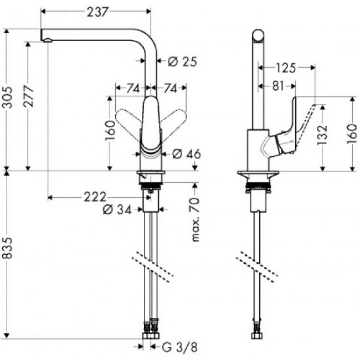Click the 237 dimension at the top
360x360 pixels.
97,12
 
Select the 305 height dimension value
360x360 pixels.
7,97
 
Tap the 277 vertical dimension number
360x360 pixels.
28,96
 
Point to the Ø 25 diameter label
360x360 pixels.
182,61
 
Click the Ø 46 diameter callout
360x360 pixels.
187,154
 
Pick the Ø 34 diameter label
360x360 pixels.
117,209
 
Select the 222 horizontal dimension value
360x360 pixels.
95,197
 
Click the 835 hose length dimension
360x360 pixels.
7,248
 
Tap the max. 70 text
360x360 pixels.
195,219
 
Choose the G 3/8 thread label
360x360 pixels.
179,347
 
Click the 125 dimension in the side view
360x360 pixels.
286,68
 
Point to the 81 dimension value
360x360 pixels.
278,86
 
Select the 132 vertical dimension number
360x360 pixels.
322,135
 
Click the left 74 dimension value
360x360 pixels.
133,88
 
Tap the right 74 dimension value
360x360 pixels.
170,88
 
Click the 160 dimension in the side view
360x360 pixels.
352,134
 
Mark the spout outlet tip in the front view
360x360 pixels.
48,41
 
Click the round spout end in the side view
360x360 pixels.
258,36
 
